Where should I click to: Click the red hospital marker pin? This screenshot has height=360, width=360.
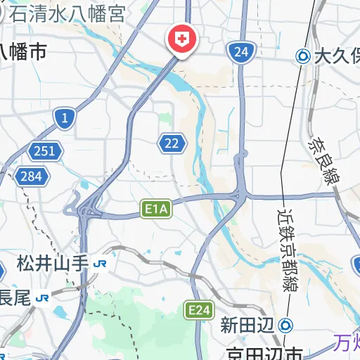point(181,39)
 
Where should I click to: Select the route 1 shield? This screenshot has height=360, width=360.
point(65,118)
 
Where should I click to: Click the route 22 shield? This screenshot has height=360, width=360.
point(172,143)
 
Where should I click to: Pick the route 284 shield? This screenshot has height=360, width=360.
point(31,176)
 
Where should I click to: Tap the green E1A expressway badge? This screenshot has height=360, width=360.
point(156,209)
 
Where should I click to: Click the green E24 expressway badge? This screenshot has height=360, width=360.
point(198,309)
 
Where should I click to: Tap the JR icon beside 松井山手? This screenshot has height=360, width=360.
point(101,264)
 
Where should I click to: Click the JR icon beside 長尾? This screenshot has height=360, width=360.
point(43,297)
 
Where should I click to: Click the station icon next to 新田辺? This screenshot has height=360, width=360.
point(285,325)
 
